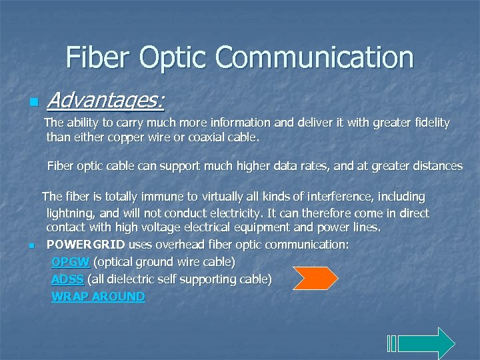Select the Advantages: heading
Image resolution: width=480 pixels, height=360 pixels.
point(106,101)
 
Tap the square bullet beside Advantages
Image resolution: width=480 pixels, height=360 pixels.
point(32,103)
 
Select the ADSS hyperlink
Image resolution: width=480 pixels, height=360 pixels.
point(67,279)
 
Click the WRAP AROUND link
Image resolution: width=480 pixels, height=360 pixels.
point(98,296)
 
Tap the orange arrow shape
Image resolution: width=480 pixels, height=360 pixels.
point(315,278)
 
